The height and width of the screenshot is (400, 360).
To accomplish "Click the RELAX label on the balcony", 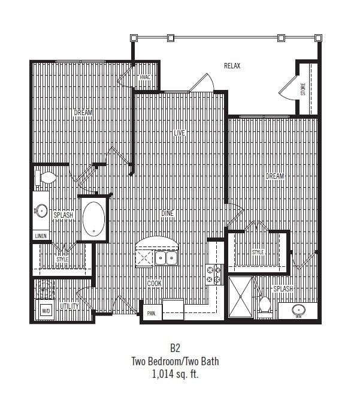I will coord(232,66).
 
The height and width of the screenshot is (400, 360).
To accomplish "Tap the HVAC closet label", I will coord(145,78).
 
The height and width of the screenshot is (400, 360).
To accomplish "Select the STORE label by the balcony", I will coord(303,89).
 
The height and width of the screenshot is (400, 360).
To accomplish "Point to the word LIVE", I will coord(180,133).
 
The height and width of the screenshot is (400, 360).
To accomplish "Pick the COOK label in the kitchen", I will coord(154,284).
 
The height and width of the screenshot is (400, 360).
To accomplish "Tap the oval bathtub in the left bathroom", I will coord(93,219).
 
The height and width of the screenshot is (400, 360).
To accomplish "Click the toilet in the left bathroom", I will coord(46,178).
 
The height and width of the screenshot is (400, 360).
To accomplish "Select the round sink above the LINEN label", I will coord(41,210).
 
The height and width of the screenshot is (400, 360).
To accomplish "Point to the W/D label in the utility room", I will coord(46,311).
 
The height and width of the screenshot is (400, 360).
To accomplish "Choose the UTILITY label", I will coord(69,306).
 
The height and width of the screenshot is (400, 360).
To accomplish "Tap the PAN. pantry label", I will coord(152,313).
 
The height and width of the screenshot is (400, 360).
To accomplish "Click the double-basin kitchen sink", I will coord(165,258).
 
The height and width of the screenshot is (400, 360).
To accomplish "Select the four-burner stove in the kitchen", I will coord(214,274).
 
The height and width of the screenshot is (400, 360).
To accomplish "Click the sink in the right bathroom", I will coord(297,311).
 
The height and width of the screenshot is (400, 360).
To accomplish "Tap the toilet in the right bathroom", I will coord(264,305).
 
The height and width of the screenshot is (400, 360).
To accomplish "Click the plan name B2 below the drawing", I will coord(174,347).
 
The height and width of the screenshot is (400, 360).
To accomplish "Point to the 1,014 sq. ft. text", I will coord(174,374).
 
